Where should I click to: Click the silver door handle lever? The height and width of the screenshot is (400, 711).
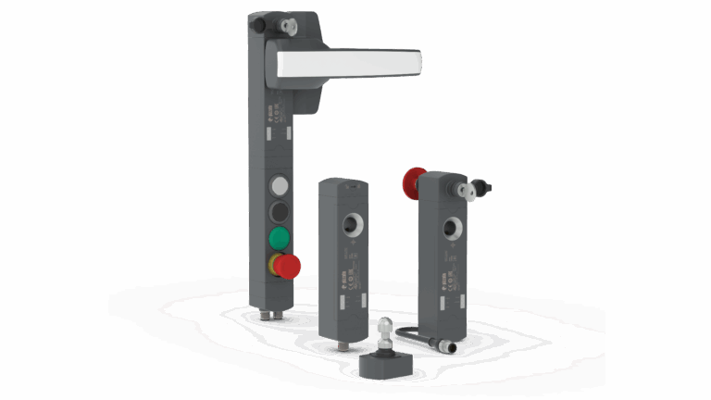click(x=352, y=63)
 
